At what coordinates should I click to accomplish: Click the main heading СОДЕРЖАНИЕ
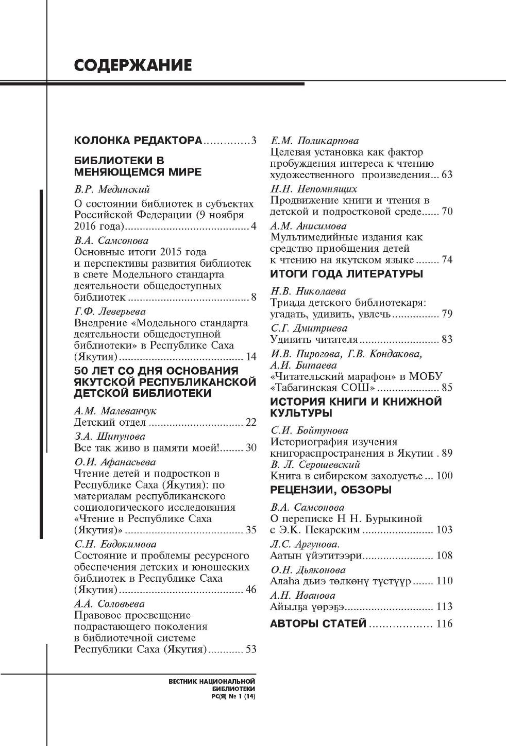pyautogui.click(x=133, y=65)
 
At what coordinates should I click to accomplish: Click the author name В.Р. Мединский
pyautogui.click(x=112, y=189)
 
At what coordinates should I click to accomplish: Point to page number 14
pyautogui.click(x=250, y=357)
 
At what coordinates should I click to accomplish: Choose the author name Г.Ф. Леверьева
pyautogui.click(x=110, y=311)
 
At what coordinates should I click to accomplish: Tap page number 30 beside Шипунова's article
pyautogui.click(x=250, y=448)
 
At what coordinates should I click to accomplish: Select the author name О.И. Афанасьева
pyautogui.click(x=115, y=462)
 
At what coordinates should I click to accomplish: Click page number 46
pyautogui.click(x=250, y=589)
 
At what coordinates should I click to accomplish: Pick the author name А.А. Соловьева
pyautogui.click(x=109, y=603)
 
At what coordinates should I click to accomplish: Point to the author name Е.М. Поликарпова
pyautogui.click(x=314, y=141)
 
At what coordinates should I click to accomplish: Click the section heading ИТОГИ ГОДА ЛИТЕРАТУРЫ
pyautogui.click(x=347, y=274)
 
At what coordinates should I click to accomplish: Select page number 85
pyautogui.click(x=447, y=388)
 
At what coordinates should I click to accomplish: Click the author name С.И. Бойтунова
pyautogui.click(x=309, y=430)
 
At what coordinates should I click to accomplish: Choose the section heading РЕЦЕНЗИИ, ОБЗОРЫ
pyautogui.click(x=331, y=490)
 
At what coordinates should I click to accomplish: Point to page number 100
pyautogui.click(x=444, y=476)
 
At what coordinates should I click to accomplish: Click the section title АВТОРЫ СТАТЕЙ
pyautogui.click(x=318, y=624)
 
